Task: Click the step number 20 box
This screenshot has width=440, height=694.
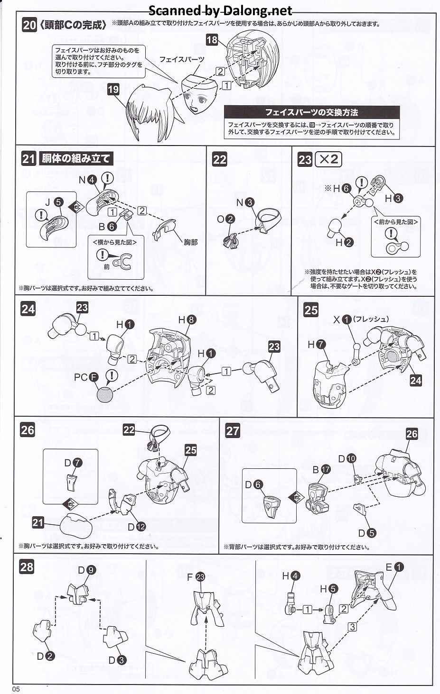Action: tap(29, 25)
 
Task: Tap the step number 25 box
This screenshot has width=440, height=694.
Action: tap(311, 310)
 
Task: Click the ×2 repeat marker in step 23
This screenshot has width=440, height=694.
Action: tap(328, 159)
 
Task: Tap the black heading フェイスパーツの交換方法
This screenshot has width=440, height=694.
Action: tap(311, 112)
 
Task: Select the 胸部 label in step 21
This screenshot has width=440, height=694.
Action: tap(190, 242)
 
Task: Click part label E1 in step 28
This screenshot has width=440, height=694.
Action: tap(394, 567)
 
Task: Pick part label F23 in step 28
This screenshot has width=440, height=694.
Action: tap(196, 577)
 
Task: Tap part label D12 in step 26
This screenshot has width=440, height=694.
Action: tap(136, 527)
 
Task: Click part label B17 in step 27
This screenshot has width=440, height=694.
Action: tap(320, 469)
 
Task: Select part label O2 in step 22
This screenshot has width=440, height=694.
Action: tap(225, 219)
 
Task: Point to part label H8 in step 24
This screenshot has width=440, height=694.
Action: tap(187, 320)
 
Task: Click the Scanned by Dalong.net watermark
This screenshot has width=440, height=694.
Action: tap(221, 10)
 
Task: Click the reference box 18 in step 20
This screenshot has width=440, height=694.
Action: tap(212, 39)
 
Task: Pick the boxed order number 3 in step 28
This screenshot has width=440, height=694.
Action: tap(352, 627)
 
